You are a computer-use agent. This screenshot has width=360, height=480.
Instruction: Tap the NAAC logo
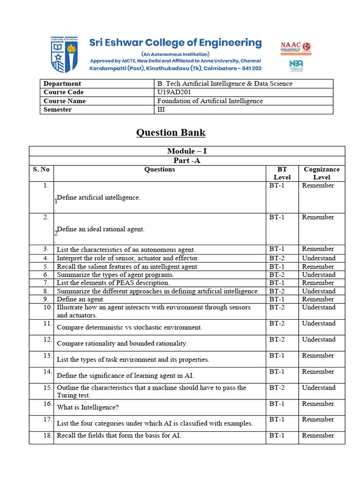click(296, 47)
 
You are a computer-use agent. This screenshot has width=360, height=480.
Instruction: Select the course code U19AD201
click(174, 92)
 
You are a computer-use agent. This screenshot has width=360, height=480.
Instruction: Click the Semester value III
click(161, 109)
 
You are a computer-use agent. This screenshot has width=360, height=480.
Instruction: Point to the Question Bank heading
click(171, 133)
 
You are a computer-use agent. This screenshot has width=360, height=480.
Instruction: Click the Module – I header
click(187, 151)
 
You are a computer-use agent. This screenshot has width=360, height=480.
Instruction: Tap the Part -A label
click(187, 160)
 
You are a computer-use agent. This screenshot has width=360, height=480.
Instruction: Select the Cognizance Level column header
click(322, 173)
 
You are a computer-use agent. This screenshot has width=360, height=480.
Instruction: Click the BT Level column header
click(282, 173)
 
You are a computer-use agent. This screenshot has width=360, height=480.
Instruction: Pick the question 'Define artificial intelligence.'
click(98, 197)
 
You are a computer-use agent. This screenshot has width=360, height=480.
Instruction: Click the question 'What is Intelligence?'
click(88, 407)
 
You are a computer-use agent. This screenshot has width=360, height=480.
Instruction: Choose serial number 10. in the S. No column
click(46, 307)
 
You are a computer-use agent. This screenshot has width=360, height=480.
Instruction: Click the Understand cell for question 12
click(319, 339)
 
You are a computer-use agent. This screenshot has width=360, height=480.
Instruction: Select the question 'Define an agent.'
click(81, 299)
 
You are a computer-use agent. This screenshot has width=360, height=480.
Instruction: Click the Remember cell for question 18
click(318, 435)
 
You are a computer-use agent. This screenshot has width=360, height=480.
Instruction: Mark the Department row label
click(62, 83)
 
